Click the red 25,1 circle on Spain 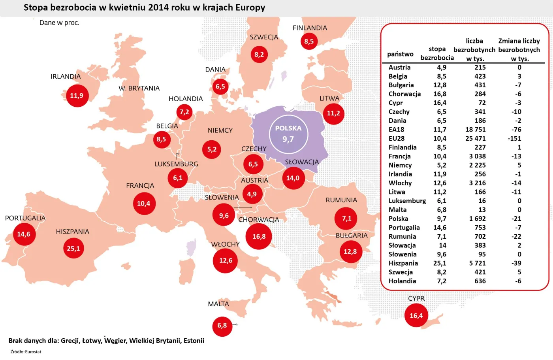[73, 249]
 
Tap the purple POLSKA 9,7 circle [288, 134]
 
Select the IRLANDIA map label [66, 76]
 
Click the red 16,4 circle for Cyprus [416, 315]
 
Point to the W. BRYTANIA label [139, 88]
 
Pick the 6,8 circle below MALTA [222, 326]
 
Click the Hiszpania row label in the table [403, 263]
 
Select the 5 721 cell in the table [477, 263]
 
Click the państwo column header [400, 54]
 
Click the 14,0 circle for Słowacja [293, 178]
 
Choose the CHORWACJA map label [258, 220]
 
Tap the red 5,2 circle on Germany [212, 149]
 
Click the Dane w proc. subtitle [59, 23]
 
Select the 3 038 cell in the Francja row [477, 156]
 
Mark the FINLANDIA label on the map [310, 28]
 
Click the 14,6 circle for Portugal [24, 234]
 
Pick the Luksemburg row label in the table [407, 201]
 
